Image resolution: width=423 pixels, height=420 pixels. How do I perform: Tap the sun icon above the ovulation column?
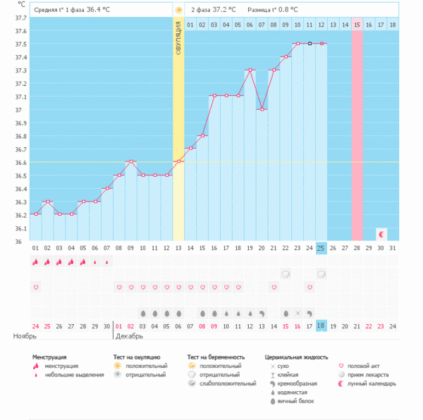point(178,10)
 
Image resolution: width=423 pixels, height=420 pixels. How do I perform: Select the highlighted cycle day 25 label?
point(321,247)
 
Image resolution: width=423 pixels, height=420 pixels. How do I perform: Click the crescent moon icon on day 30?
point(381,233)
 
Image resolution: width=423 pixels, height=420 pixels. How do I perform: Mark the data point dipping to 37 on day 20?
point(262,109)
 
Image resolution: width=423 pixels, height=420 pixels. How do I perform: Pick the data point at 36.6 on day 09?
point(131,162)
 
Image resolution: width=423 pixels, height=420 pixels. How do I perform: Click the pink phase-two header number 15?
point(357,25)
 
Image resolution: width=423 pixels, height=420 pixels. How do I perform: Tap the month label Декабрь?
point(126,337)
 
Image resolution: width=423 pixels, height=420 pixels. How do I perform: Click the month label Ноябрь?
point(25,337)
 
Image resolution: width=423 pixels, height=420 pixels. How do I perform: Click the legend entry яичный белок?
point(296,401)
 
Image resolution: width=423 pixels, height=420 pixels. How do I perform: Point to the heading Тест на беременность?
point(218,357)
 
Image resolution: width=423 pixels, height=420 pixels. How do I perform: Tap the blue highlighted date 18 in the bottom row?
point(321,326)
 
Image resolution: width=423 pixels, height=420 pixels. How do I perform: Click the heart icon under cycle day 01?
point(36,288)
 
